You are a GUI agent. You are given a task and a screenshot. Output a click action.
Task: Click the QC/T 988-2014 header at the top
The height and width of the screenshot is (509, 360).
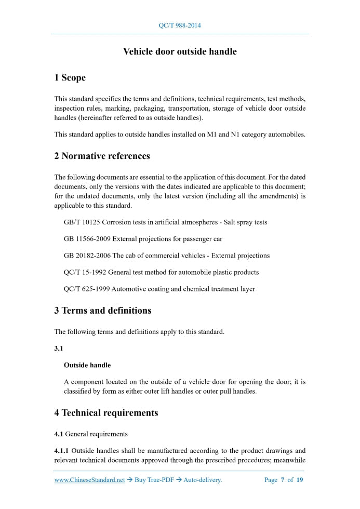click(x=180, y=25)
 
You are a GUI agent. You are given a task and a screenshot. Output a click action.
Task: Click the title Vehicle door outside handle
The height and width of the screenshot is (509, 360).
click(x=180, y=51)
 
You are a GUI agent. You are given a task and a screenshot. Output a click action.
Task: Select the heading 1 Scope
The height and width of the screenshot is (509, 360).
click(x=70, y=78)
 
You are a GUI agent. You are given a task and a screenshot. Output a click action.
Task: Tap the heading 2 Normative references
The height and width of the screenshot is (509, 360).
click(x=102, y=156)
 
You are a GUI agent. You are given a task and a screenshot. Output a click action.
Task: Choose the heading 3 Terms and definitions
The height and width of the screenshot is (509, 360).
click(x=102, y=311)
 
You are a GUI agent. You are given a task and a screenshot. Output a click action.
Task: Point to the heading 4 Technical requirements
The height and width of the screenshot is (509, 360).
click(x=106, y=413)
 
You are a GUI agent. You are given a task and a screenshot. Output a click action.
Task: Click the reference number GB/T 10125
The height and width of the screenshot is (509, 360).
click(x=82, y=222)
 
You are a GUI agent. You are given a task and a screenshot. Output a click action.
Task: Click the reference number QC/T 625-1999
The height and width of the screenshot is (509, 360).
click(x=86, y=289)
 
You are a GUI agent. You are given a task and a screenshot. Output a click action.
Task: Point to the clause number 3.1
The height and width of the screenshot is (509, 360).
click(x=59, y=349)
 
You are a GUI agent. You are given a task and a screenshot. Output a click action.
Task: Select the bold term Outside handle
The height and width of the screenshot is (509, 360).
click(x=87, y=365)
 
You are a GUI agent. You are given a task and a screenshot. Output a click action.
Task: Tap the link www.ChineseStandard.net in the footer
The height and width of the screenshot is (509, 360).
click(x=89, y=480)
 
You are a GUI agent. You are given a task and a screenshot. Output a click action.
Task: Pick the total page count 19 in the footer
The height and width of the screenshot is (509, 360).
click(x=300, y=480)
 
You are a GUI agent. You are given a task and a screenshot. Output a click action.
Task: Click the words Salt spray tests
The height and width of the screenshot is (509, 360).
click(x=245, y=222)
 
